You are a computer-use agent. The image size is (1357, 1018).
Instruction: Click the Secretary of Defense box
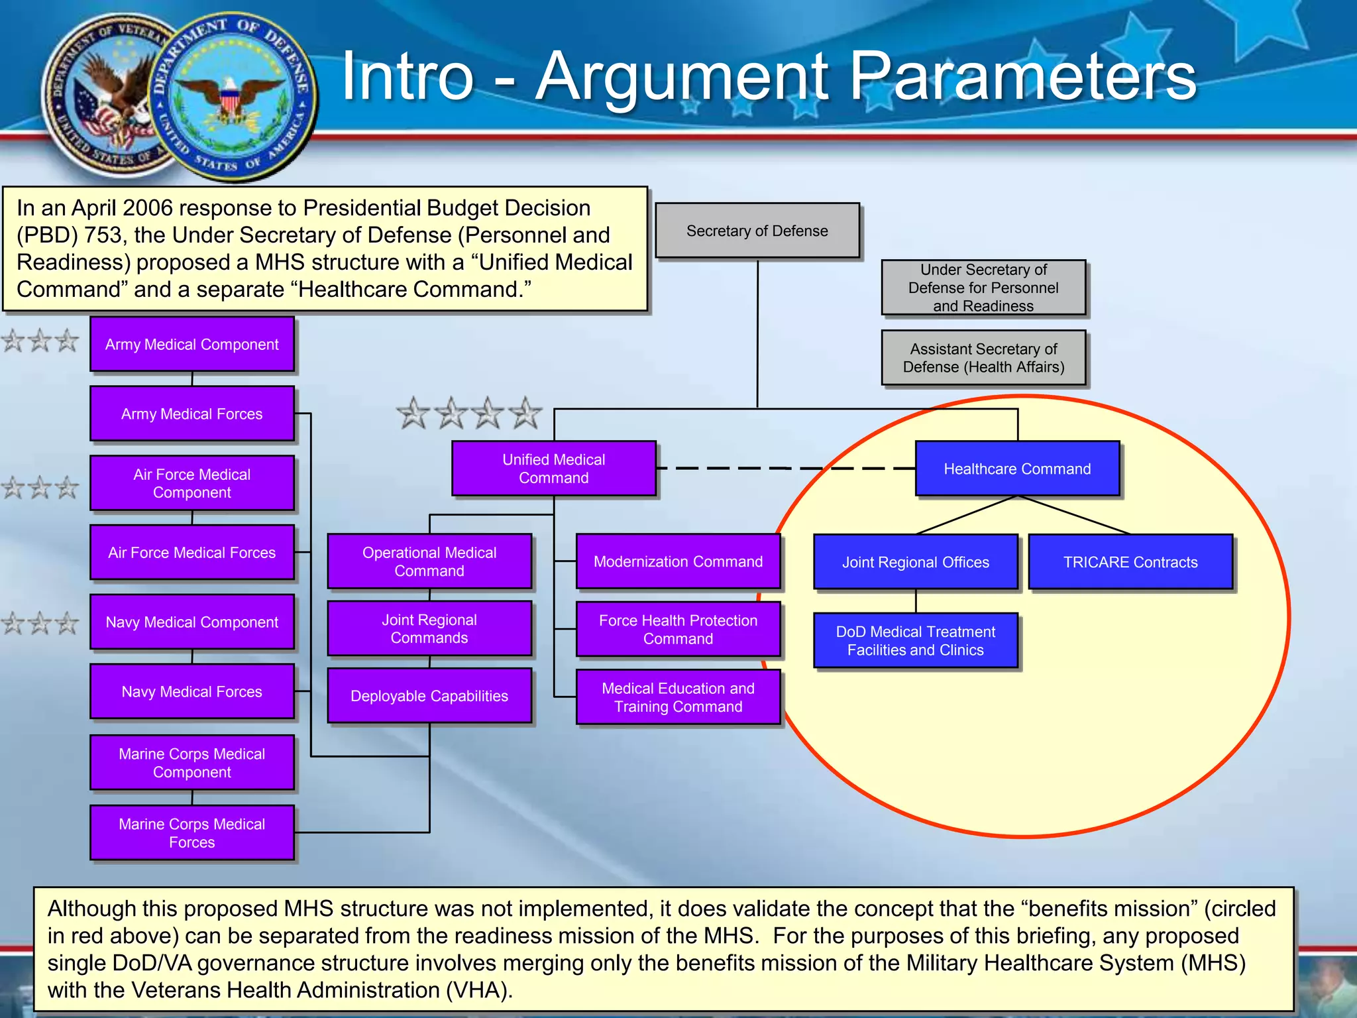pyautogui.click(x=757, y=231)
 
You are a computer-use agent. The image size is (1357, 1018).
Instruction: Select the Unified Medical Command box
pyautogui.click(x=554, y=469)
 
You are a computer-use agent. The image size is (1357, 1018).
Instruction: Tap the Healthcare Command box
pyautogui.click(x=1017, y=469)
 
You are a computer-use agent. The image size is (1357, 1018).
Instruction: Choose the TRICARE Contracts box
pyautogui.click(x=1130, y=562)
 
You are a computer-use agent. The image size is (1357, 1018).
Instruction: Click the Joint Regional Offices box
pyautogui.click(x=915, y=562)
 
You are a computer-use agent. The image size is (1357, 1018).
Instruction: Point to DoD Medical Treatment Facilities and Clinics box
pyautogui.click(x=915, y=640)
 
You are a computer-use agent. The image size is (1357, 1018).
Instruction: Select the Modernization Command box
pyautogui.click(x=678, y=561)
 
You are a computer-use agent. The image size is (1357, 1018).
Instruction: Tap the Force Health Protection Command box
pyautogui.click(x=678, y=629)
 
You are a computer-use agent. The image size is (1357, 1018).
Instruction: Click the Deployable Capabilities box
pyautogui.click(x=429, y=696)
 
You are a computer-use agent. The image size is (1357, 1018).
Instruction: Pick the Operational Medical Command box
pyautogui.click(x=429, y=561)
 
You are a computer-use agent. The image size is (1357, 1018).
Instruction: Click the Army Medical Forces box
pyautogui.click(x=192, y=414)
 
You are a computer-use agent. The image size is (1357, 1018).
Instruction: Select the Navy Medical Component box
pyautogui.click(x=192, y=622)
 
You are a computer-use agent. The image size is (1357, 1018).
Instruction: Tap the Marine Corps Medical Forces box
pyautogui.click(x=192, y=832)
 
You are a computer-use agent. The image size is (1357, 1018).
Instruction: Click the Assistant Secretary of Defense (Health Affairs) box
pyautogui.click(x=983, y=358)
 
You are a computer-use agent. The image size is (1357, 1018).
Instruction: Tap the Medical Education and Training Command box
pyautogui.click(x=678, y=697)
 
